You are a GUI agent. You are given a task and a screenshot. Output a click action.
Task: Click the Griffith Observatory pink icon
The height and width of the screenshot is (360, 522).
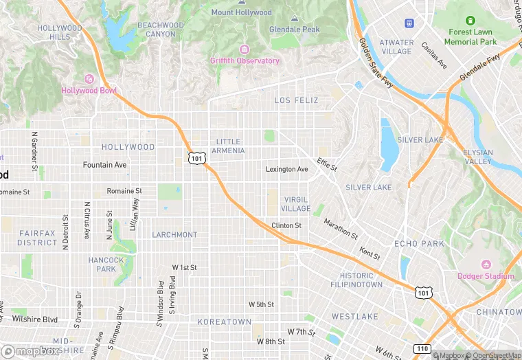tap(244, 49)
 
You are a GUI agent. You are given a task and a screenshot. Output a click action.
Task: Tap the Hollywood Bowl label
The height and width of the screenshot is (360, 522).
tap(89, 91)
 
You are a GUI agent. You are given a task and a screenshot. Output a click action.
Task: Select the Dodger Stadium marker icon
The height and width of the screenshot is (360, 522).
tap(486, 265)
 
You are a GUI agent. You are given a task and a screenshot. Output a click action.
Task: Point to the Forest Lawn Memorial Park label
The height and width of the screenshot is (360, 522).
tap(470, 37)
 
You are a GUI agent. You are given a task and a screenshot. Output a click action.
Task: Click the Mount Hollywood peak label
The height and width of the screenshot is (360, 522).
tap(241, 12)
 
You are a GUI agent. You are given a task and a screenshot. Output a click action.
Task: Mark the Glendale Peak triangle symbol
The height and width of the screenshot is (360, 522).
tap(295, 19)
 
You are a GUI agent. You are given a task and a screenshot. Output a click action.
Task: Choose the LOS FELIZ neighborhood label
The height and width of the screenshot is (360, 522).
tap(297, 100)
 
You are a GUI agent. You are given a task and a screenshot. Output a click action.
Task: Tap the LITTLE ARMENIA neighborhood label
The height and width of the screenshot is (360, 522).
tap(227, 146)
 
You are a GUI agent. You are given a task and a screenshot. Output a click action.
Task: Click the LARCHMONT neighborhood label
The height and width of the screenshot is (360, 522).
tap(174, 235)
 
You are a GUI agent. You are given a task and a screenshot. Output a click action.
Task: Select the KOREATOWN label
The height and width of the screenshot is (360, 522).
tap(225, 322)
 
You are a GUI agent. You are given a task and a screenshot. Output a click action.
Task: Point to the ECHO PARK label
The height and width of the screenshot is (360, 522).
tap(420, 244)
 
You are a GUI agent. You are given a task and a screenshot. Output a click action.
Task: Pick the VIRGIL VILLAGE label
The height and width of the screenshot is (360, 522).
tap(297, 203)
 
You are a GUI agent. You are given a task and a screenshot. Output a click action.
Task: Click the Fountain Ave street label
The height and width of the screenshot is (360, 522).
tap(104, 165)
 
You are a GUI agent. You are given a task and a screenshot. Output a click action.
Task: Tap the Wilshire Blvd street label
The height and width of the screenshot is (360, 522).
tap(34, 319)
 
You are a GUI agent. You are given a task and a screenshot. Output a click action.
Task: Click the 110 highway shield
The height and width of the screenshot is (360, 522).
tap(422, 349)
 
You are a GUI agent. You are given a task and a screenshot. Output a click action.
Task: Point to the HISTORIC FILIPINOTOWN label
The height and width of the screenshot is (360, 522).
tap(356, 280)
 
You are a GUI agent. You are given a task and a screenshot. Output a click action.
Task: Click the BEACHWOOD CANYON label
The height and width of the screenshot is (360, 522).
tap(161, 30)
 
